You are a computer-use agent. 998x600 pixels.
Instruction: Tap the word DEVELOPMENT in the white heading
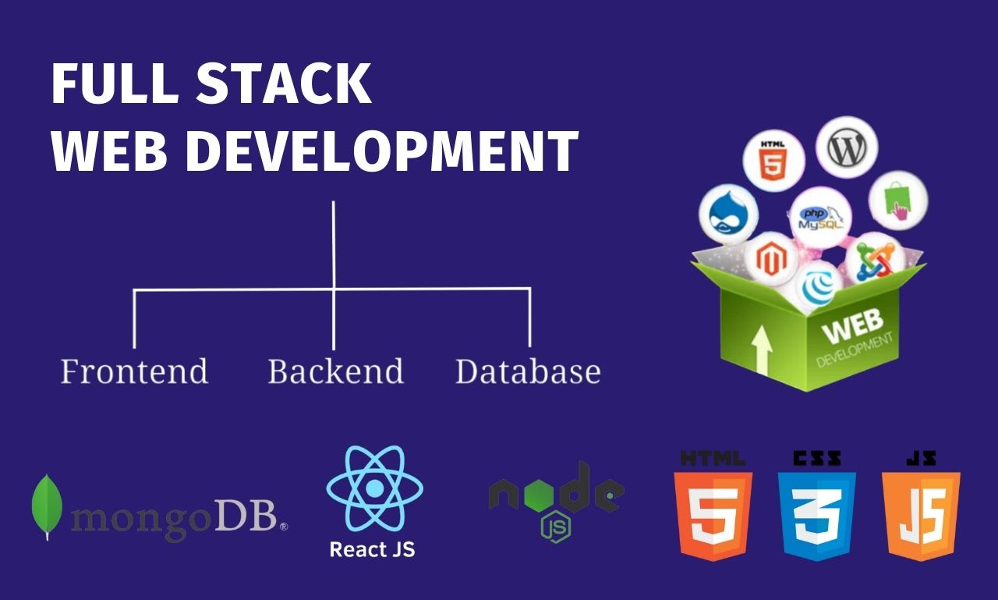tap(381, 151)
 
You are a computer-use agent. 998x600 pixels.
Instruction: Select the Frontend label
tap(134, 371)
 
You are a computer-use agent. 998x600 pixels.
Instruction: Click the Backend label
tap(335, 371)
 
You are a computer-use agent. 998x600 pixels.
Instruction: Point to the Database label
tap(528, 371)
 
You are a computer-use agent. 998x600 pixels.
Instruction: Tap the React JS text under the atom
tap(372, 549)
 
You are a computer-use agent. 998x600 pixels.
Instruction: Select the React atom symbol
tap(375, 488)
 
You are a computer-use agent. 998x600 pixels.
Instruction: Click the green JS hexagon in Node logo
tap(556, 526)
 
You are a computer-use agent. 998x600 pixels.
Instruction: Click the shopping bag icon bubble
tap(898, 200)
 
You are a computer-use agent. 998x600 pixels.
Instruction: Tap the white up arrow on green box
tap(763, 349)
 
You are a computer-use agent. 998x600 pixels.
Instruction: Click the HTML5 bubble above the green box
tap(773, 162)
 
